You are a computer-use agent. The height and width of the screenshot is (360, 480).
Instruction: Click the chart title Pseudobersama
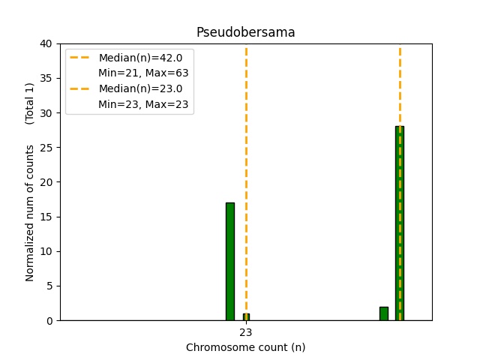245,32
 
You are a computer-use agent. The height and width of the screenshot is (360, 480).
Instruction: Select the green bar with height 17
229,261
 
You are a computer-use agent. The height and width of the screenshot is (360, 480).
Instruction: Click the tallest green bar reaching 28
400,223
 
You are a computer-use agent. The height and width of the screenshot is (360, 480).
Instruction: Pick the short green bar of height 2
384,313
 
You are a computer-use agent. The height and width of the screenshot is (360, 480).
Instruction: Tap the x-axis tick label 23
245,332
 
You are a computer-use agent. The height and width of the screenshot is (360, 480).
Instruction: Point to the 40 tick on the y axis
47,43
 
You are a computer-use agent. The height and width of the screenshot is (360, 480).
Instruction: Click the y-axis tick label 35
47,78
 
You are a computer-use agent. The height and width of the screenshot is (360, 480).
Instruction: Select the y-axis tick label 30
47,112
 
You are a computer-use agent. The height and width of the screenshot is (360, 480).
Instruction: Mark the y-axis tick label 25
47,147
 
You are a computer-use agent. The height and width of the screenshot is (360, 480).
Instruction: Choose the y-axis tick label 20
47,182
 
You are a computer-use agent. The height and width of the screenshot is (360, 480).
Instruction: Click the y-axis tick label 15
47,217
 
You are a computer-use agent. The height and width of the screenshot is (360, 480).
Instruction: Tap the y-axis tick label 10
47,251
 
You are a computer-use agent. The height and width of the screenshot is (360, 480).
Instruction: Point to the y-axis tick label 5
50,286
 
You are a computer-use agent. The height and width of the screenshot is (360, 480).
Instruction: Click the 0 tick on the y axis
50,320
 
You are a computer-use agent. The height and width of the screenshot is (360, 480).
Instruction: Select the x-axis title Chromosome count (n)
245,347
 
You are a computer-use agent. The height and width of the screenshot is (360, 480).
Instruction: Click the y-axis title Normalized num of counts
30,213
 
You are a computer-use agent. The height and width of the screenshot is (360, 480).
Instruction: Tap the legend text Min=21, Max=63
143,73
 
